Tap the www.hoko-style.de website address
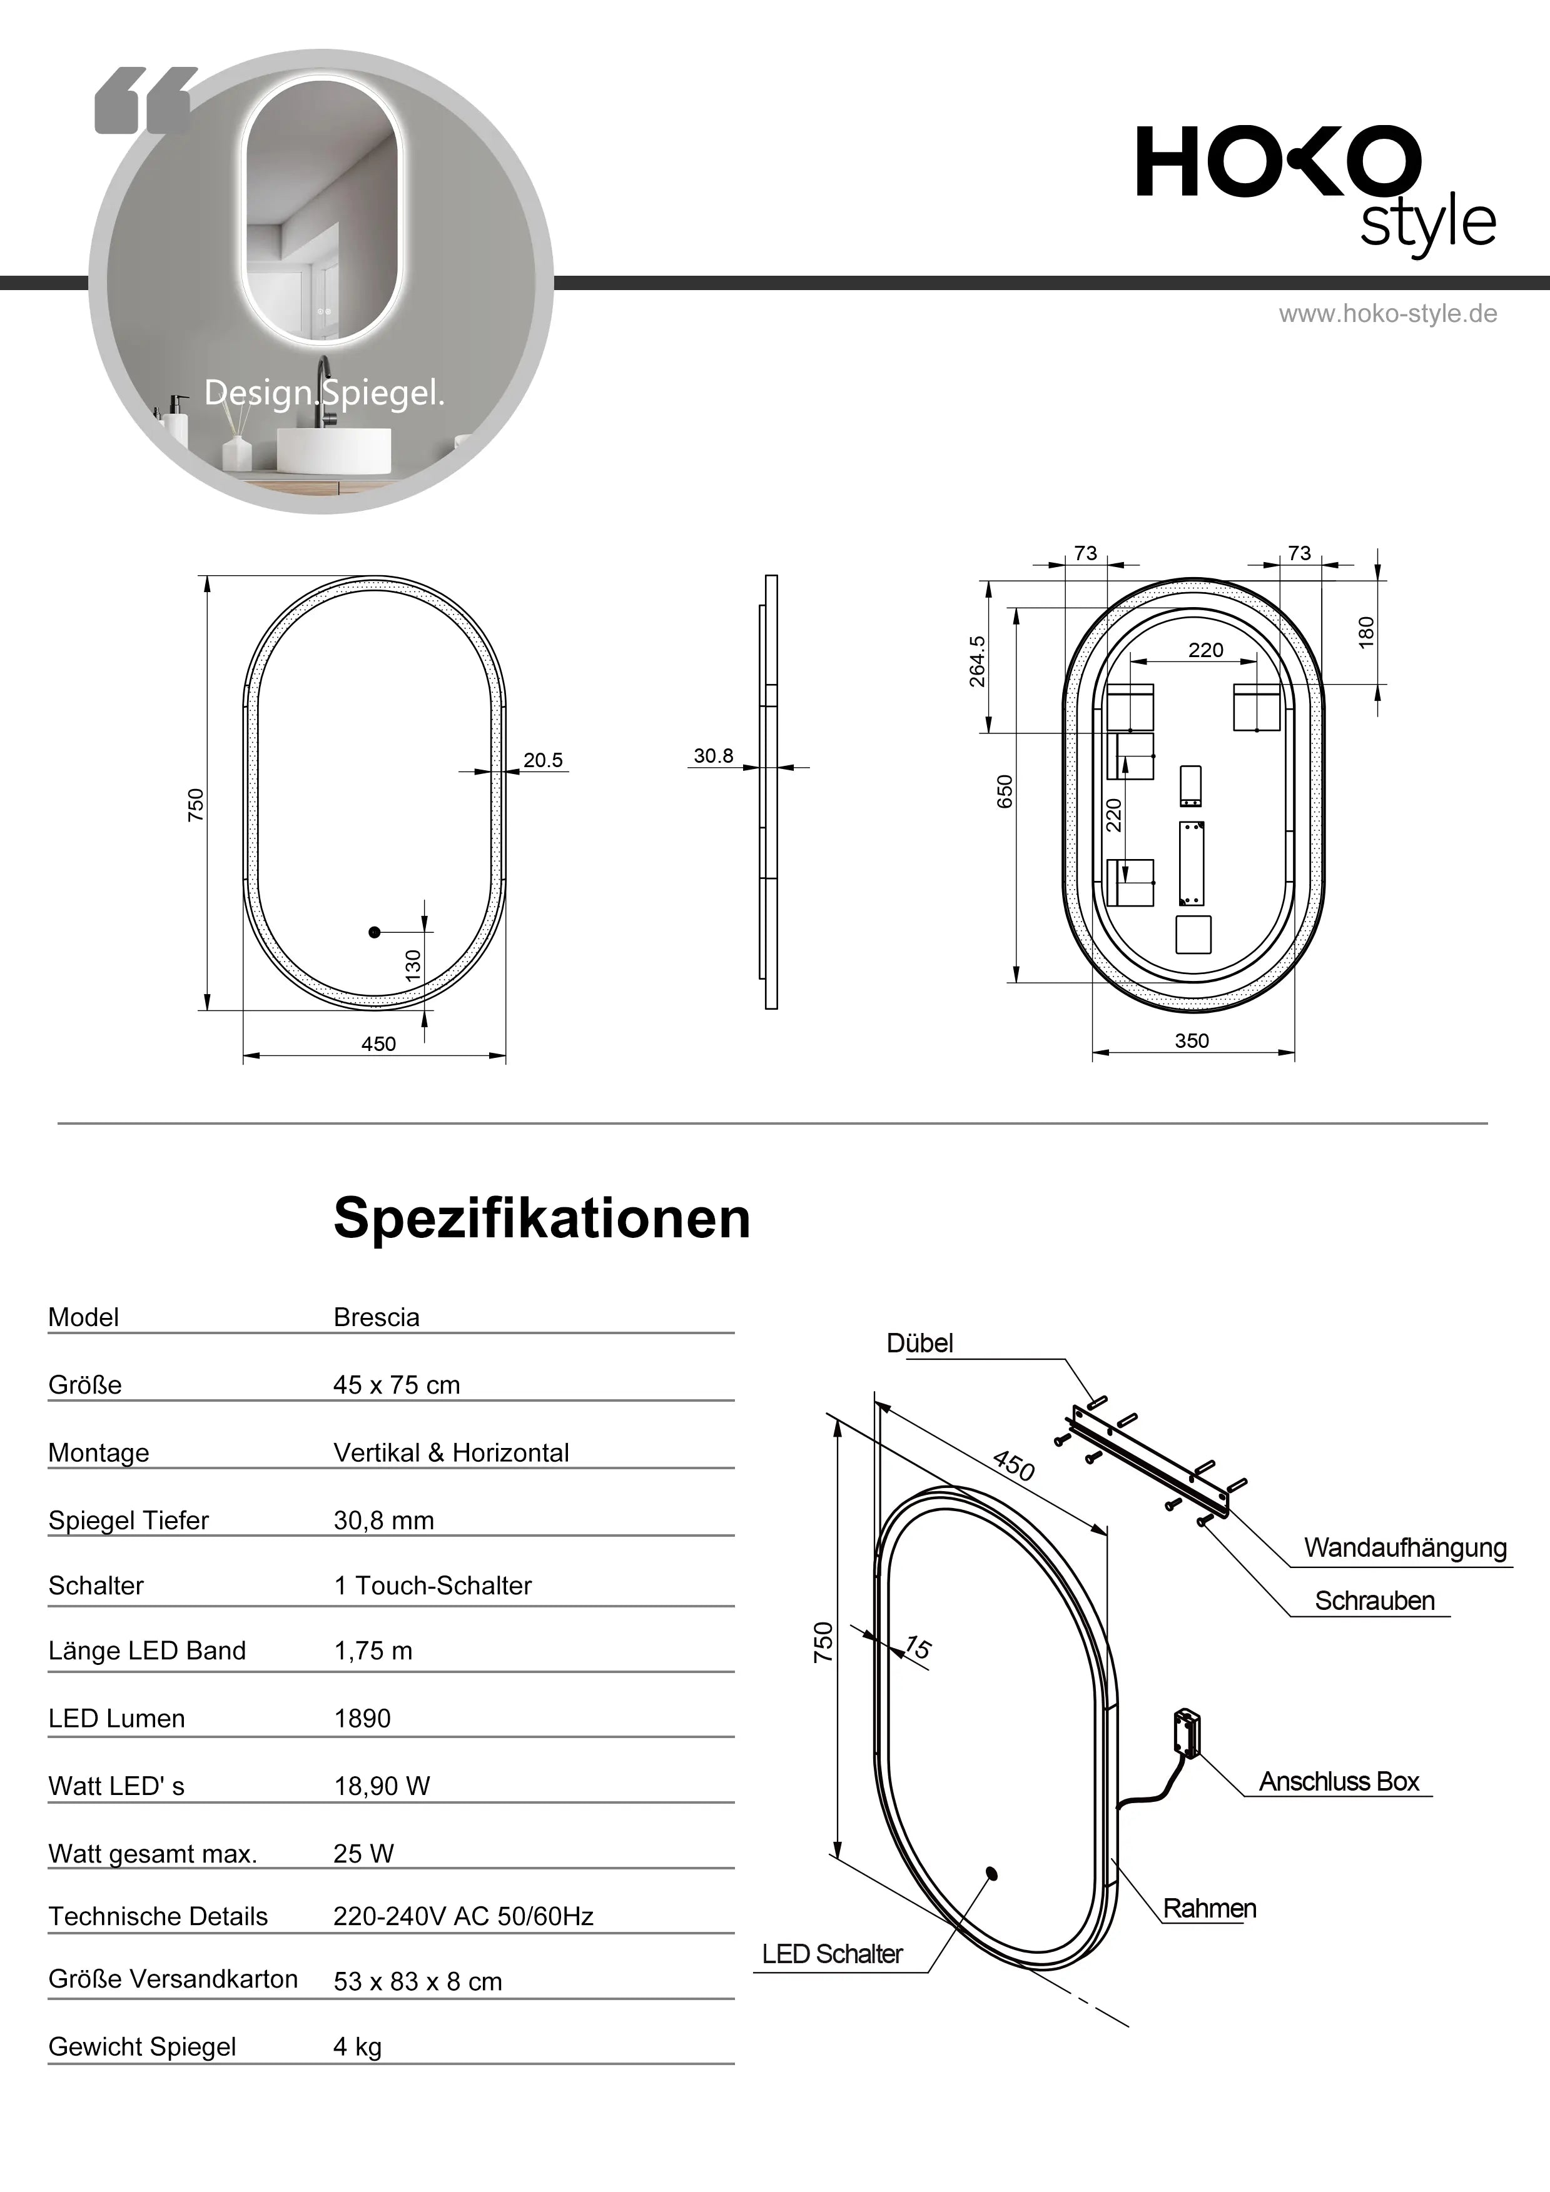1387,314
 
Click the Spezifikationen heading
542,1219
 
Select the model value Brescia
377,1317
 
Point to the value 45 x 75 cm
397,1385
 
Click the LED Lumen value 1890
362,1719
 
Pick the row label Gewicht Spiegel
142,2047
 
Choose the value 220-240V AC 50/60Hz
463,1916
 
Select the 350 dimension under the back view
1191,1040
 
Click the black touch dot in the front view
375,931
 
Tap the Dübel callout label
919,1343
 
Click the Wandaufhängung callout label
1405,1547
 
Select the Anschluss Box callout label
1339,1781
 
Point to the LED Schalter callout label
832,1954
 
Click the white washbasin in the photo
333,451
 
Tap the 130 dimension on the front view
413,965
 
